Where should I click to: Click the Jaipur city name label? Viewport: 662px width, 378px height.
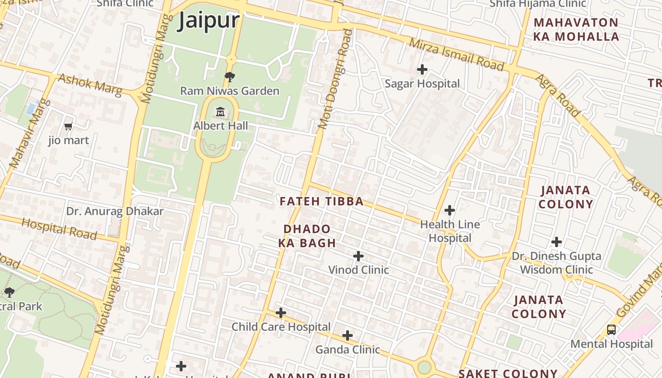pyautogui.click(x=209, y=21)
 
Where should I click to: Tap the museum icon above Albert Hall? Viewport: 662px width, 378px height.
pyautogui.click(x=220, y=112)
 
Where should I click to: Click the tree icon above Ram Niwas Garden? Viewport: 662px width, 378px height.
pyautogui.click(x=230, y=77)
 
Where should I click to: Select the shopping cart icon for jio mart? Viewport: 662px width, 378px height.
pyautogui.click(x=69, y=126)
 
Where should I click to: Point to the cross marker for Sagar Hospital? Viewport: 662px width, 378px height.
pyautogui.click(x=422, y=70)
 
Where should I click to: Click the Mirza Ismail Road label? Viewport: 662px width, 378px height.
pyautogui.click(x=456, y=55)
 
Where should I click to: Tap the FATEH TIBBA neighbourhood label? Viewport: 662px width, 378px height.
pyautogui.click(x=322, y=202)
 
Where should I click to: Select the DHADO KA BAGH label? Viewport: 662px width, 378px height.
pyautogui.click(x=307, y=236)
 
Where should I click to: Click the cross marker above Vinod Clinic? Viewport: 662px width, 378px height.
pyautogui.click(x=358, y=256)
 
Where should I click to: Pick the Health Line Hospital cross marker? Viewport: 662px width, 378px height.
pyautogui.click(x=450, y=210)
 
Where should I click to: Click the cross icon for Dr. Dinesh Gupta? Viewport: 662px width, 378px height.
pyautogui.click(x=557, y=242)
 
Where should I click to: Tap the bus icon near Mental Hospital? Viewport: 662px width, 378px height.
pyautogui.click(x=611, y=329)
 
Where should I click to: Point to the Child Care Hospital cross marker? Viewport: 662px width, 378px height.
pyautogui.click(x=281, y=313)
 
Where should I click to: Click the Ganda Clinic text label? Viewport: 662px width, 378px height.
pyautogui.click(x=348, y=350)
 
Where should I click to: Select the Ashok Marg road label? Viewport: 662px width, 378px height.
pyautogui.click(x=89, y=84)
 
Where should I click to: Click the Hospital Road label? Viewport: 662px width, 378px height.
pyautogui.click(x=59, y=229)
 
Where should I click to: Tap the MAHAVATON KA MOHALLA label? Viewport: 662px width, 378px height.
pyautogui.click(x=576, y=29)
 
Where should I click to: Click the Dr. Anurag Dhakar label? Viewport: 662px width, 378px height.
pyautogui.click(x=115, y=211)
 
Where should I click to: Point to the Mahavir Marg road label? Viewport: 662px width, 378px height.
pyautogui.click(x=29, y=133)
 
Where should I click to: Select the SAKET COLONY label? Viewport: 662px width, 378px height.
pyautogui.click(x=508, y=373)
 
